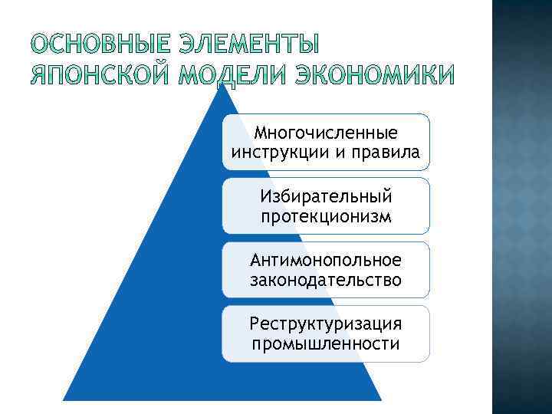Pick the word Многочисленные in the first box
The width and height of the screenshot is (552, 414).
tap(326, 134)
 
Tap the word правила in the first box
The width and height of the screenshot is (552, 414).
tap(388, 153)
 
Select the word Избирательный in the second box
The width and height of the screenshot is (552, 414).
tap(326, 198)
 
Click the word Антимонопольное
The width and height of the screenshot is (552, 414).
tap(326, 261)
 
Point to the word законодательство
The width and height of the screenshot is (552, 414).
tap(326, 280)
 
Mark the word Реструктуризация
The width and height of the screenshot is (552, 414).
tap(326, 325)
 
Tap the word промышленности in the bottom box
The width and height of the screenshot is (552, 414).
tap(326, 343)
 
